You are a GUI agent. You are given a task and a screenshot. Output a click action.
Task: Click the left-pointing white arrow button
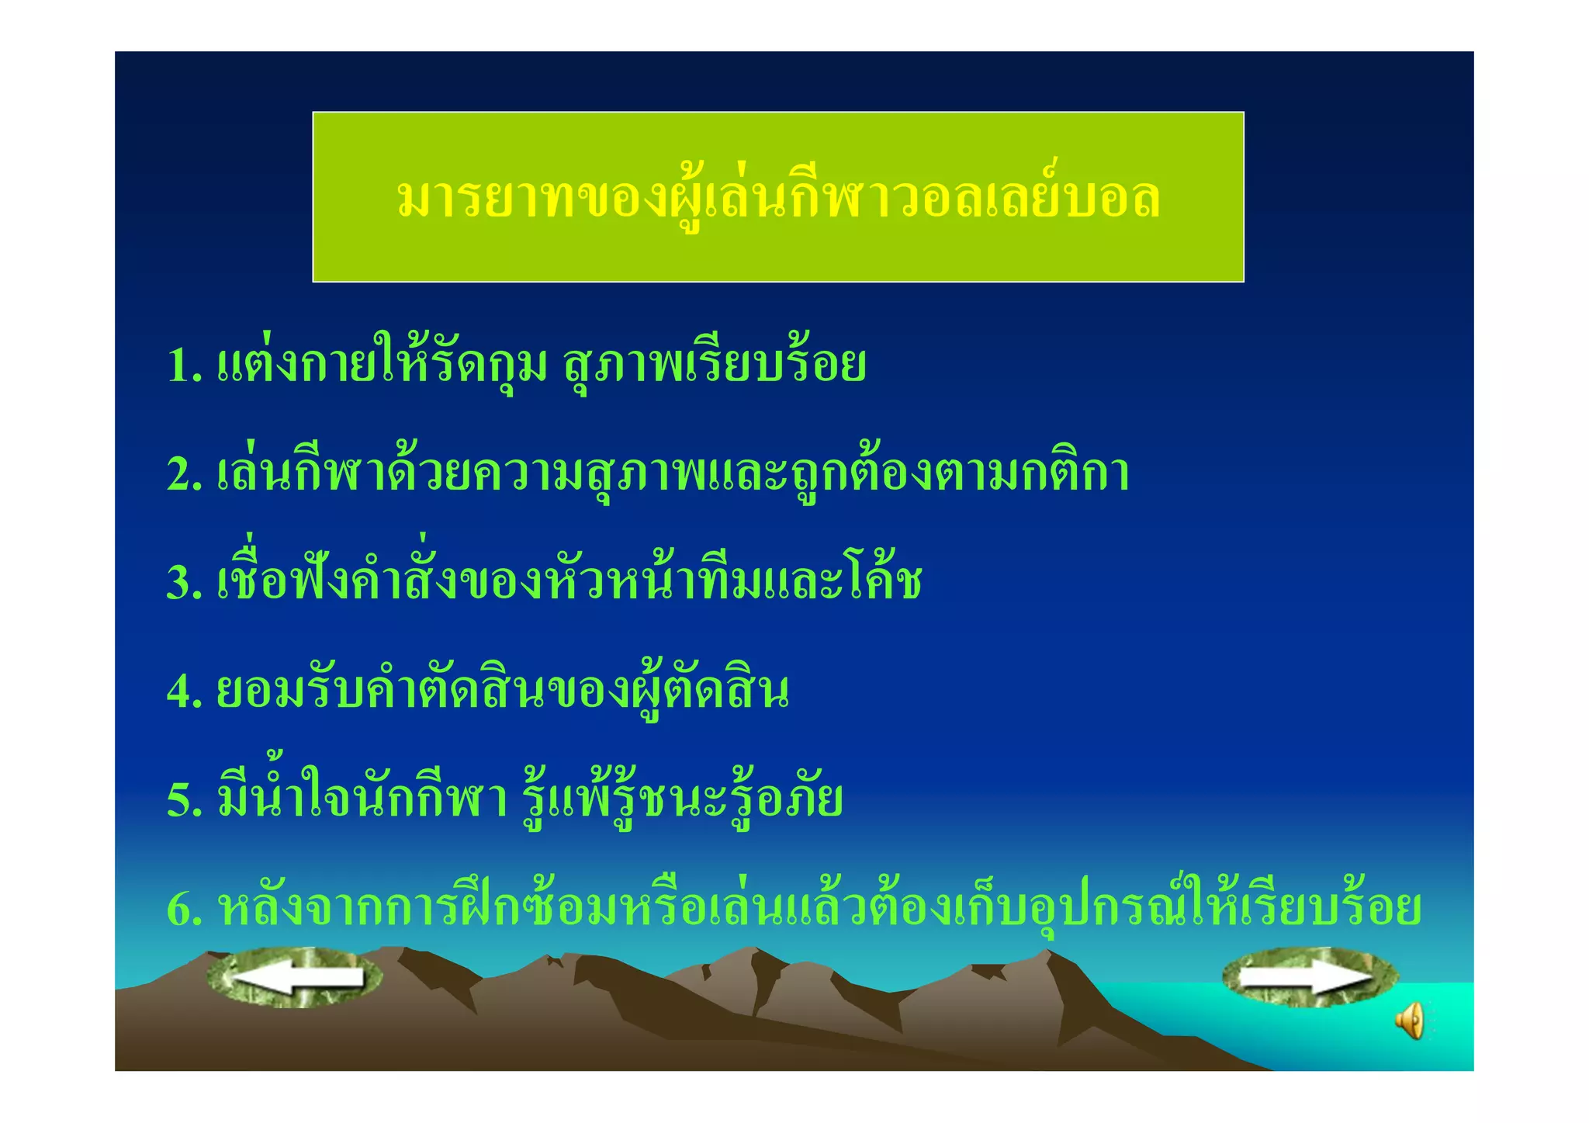click(x=295, y=977)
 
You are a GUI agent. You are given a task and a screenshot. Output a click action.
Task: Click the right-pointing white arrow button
click(x=1310, y=976)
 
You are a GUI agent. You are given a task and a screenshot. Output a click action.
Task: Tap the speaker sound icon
click(x=1410, y=1021)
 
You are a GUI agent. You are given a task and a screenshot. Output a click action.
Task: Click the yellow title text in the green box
click(x=777, y=198)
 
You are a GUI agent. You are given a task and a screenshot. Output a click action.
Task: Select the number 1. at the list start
click(x=185, y=365)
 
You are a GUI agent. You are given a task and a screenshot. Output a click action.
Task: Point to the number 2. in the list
click(x=185, y=474)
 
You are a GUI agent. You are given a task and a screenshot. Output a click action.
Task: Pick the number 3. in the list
click(x=185, y=583)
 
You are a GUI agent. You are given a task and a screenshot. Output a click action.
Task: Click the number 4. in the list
click(x=185, y=691)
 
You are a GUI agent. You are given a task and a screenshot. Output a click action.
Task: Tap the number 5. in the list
click(x=185, y=800)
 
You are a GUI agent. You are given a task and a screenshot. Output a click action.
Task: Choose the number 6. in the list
click(x=185, y=909)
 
